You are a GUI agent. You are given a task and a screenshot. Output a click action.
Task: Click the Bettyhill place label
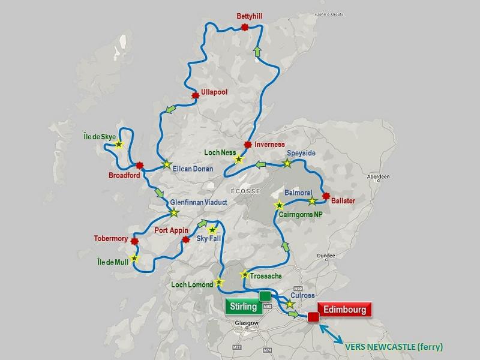250,16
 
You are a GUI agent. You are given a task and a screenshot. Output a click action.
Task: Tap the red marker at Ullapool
194,95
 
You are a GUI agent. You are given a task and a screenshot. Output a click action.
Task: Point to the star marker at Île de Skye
119,144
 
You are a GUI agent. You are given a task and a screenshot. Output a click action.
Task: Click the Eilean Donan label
193,169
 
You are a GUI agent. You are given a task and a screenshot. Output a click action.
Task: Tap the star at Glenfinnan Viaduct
174,212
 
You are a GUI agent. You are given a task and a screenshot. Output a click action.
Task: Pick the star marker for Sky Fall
212,230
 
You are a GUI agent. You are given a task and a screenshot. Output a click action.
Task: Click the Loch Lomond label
192,285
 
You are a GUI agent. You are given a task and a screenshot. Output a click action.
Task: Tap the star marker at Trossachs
244,275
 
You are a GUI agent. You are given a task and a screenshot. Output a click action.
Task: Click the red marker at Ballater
326,196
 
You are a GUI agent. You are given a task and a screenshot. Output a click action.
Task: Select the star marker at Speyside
287,163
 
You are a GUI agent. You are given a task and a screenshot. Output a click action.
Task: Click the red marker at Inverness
248,145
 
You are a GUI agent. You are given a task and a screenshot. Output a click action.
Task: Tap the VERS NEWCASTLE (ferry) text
394,346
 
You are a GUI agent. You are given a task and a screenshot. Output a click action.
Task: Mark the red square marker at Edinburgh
313,319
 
